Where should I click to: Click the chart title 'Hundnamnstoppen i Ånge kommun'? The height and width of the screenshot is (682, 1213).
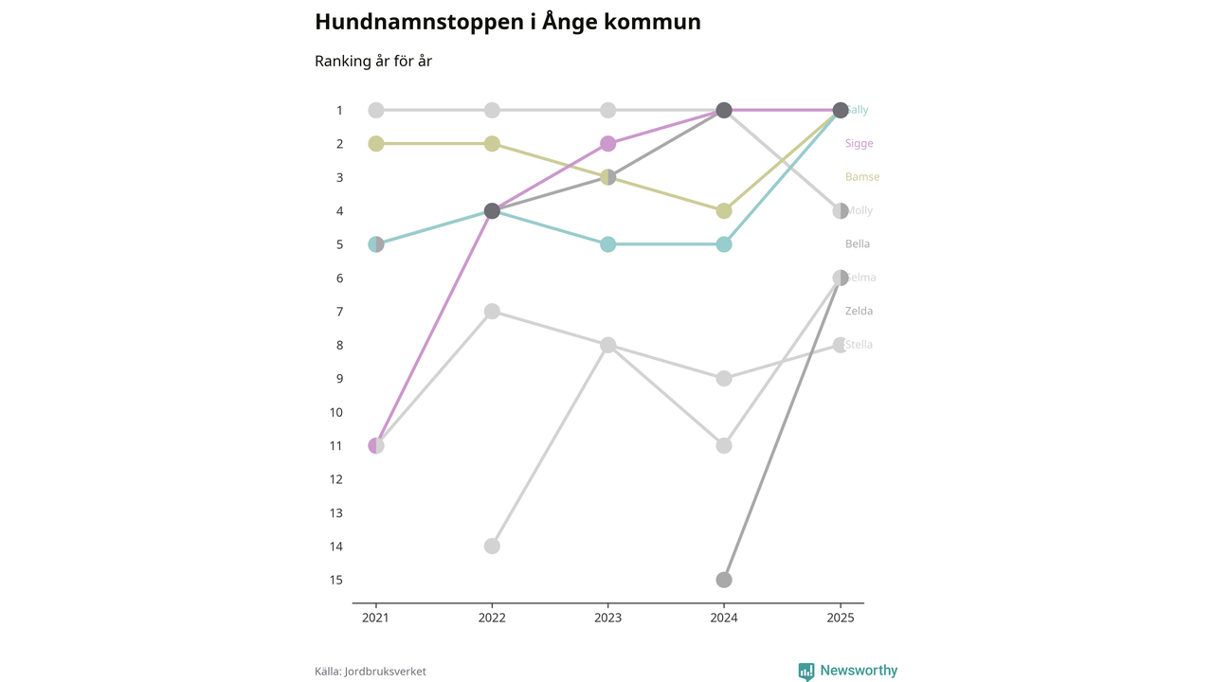click(507, 22)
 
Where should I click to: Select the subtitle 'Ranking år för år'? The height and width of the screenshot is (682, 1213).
click(373, 62)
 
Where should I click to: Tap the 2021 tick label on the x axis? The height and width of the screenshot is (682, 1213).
click(376, 618)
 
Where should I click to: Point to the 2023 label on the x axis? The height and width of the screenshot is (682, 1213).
click(608, 618)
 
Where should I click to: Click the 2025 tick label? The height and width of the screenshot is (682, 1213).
click(840, 618)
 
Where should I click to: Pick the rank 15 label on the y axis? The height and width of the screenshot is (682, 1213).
click(336, 580)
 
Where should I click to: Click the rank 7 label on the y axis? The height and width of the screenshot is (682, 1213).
click(338, 312)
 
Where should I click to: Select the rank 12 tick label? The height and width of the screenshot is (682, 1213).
click(336, 479)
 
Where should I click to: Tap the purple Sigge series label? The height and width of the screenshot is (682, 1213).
click(860, 144)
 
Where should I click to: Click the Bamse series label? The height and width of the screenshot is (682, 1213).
click(862, 177)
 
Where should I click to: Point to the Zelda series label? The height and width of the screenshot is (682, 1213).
click(860, 312)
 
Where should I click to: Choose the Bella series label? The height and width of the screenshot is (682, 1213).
click(858, 244)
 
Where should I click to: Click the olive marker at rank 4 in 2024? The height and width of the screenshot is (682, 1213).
click(724, 211)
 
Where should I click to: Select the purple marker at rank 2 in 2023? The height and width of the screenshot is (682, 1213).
click(608, 144)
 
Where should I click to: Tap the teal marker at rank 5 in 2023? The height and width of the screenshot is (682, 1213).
click(608, 244)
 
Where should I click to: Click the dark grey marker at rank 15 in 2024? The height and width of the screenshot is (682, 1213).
click(724, 580)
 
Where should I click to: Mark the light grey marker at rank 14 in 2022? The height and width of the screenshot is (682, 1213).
click(492, 547)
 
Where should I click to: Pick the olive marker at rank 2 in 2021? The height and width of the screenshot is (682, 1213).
click(376, 144)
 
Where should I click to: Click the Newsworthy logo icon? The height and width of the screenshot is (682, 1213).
click(806, 672)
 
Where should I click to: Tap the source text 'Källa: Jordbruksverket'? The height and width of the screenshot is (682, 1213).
click(371, 672)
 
